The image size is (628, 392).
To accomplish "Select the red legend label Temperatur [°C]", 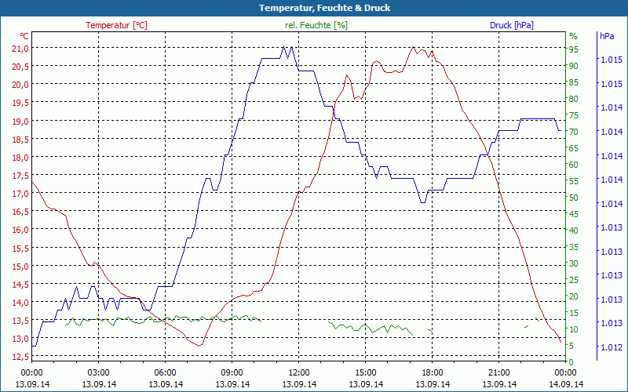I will tap(116, 25).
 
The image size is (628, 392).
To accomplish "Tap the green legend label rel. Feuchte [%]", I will tap(316, 25).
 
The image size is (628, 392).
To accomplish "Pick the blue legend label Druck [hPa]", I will tap(511, 25).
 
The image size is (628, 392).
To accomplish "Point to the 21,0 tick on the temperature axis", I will tap(20, 48).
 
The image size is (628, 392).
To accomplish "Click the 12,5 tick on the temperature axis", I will tap(20, 358).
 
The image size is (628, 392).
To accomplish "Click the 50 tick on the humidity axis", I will tap(574, 198).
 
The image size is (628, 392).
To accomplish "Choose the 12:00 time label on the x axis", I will tap(299, 372).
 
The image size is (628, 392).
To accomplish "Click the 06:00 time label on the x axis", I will tap(166, 372).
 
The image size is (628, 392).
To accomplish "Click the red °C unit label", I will tap(24, 36).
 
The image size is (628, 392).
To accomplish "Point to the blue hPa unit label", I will tap(606, 36).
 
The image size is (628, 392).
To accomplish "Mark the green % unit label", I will tap(573, 36).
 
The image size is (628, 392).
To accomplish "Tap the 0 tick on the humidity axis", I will tap(571, 361).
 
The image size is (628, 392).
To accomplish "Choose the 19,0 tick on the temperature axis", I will tap(20, 121).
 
